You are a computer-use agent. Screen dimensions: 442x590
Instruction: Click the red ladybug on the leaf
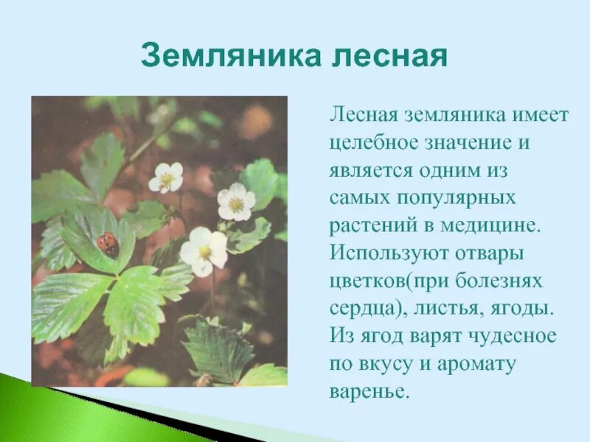[108, 244]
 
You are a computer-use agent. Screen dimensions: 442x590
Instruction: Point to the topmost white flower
[166, 178]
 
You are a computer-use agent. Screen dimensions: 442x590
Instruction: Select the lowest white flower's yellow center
[204, 251]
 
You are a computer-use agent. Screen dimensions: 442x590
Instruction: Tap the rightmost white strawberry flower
[236, 202]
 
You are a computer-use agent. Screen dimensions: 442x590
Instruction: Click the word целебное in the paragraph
[373, 143]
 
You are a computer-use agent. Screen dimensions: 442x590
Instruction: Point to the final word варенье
[369, 391]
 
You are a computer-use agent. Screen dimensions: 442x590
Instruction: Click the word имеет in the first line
[539, 116]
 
